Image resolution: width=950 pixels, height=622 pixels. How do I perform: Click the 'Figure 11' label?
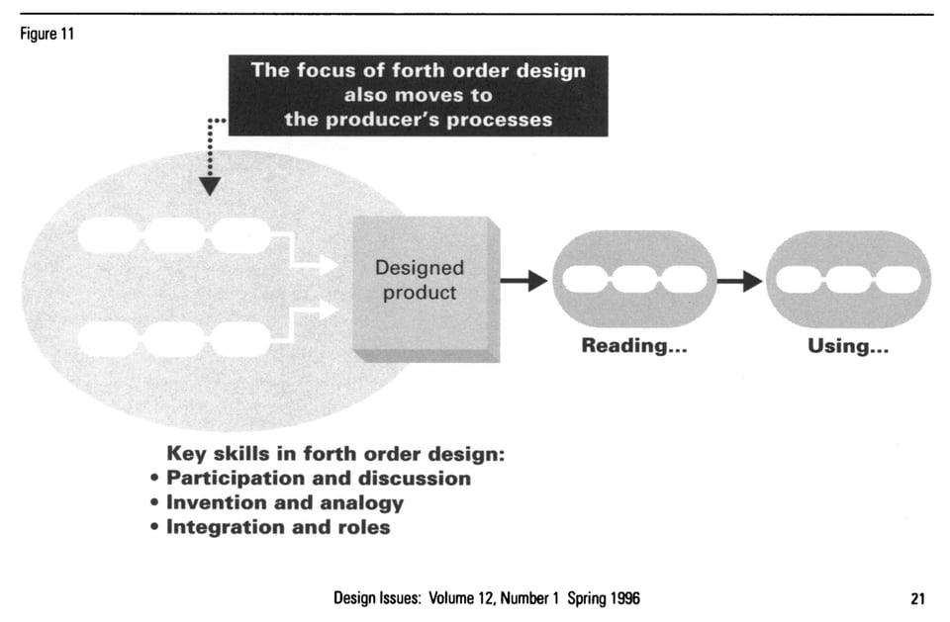click(45, 35)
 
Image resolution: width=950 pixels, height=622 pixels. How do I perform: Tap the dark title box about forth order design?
click(418, 95)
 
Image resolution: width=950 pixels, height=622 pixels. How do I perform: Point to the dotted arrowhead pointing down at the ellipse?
click(209, 185)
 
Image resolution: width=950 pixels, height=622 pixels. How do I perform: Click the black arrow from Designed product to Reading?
click(523, 281)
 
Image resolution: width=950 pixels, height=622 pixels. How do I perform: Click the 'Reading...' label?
click(633, 347)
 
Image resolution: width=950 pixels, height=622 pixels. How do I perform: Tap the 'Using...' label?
click(848, 347)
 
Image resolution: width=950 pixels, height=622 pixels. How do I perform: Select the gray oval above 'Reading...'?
click(634, 281)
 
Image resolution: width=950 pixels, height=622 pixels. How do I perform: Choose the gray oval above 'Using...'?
click(848, 281)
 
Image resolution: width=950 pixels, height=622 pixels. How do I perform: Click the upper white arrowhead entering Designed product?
click(327, 263)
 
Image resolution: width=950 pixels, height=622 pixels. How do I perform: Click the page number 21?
click(917, 598)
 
